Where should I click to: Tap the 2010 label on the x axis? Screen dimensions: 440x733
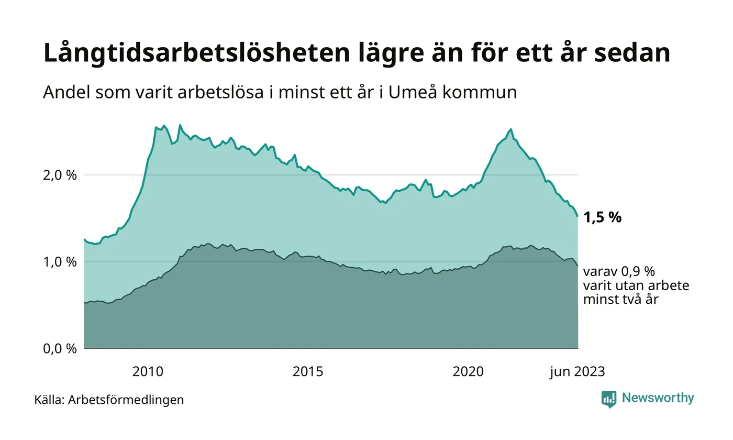[x=148, y=372]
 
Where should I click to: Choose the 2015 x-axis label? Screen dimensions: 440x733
[x=308, y=372]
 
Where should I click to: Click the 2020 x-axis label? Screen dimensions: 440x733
[x=468, y=372]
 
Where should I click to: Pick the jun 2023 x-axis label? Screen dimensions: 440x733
[x=577, y=372]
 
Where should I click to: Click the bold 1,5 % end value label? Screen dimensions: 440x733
[x=602, y=217]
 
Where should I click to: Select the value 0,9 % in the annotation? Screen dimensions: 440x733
[x=637, y=272]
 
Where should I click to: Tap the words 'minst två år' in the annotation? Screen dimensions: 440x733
[x=620, y=300]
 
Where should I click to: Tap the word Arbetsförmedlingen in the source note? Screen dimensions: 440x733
[x=126, y=400]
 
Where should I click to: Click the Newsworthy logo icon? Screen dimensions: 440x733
[x=609, y=399]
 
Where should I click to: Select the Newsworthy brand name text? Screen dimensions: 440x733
[x=658, y=398]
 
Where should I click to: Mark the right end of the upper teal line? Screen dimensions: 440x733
[x=577, y=216]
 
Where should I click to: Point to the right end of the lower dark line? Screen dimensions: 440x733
[x=577, y=266]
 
